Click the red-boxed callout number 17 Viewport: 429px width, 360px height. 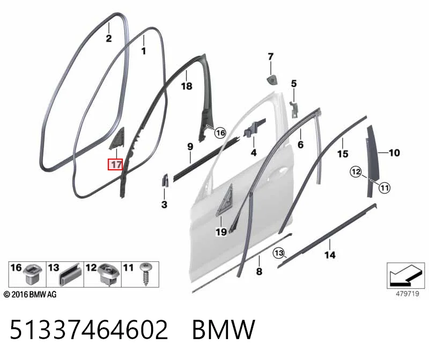click(x=115, y=164)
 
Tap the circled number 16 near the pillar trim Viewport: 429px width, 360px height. click(x=220, y=133)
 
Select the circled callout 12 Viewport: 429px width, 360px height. click(x=356, y=172)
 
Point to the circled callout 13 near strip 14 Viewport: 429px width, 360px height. click(x=279, y=253)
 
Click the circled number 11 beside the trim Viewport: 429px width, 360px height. click(x=384, y=188)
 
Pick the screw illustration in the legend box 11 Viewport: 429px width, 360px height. click(x=146, y=274)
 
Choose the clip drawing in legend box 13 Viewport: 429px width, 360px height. click(x=71, y=275)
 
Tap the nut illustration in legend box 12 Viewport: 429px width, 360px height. click(x=109, y=275)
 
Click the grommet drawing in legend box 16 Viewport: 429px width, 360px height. click(x=33, y=274)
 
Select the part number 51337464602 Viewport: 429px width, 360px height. click(x=89, y=329)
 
